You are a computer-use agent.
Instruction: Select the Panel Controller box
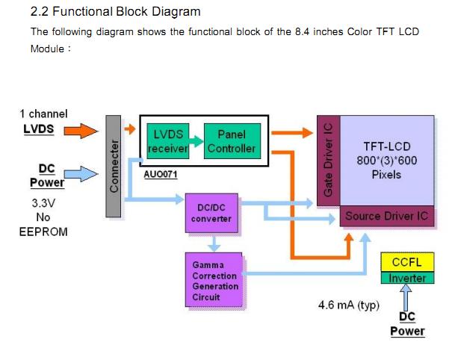[232, 140]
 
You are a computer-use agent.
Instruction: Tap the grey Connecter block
[114, 166]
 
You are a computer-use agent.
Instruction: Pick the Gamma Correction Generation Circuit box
[214, 280]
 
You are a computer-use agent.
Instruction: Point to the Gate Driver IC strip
[328, 161]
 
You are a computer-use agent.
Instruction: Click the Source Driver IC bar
[387, 217]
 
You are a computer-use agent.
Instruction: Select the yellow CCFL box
[407, 262]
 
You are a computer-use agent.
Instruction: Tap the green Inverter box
[407, 278]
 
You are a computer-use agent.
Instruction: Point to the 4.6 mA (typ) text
[349, 305]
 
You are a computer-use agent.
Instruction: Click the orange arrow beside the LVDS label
[80, 131]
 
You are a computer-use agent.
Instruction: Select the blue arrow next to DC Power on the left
[82, 174]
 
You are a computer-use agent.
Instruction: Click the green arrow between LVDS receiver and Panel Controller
[194, 141]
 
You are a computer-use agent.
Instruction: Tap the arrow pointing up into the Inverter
[407, 297]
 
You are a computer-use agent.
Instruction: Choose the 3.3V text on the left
[43, 202]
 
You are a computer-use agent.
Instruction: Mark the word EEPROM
[43, 232]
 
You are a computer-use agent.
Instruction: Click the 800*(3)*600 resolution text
[386, 161]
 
